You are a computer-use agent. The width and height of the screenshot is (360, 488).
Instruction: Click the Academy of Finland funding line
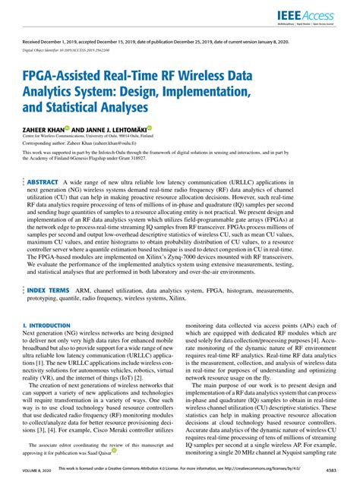91,160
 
